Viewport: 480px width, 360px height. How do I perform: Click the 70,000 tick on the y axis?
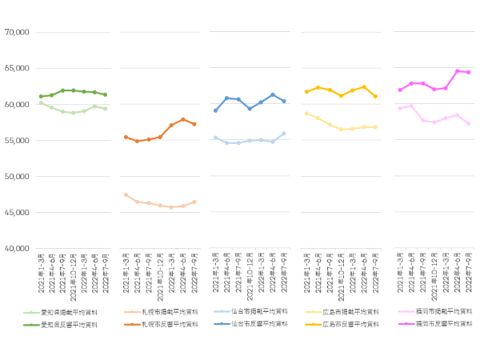point(17,32)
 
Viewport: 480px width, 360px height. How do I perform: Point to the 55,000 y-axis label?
point(17,140)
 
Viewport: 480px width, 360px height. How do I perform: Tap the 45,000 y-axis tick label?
point(17,213)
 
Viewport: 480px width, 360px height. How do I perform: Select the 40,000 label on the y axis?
point(17,249)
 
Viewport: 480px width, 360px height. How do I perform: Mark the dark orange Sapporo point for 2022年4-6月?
point(183,119)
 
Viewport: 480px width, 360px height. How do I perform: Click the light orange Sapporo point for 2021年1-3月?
point(126,194)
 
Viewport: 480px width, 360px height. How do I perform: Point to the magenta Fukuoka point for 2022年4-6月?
point(458,71)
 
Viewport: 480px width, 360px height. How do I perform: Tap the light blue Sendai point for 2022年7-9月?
point(284,134)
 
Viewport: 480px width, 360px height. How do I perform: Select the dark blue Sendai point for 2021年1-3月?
point(215,110)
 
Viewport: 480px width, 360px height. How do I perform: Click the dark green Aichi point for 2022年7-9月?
point(105,94)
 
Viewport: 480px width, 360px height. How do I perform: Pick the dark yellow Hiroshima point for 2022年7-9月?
point(376,96)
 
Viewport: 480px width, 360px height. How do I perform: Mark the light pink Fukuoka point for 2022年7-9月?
point(468,123)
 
